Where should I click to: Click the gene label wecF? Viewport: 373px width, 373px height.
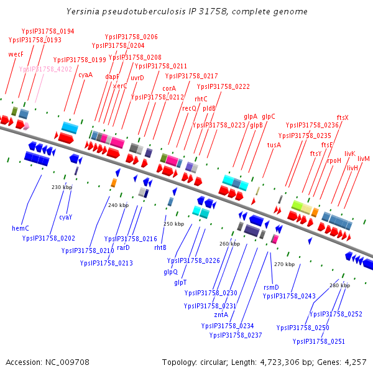[x=16, y=54]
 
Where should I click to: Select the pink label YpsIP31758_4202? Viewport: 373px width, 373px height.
[x=45, y=69]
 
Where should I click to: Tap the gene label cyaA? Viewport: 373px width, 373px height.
[x=85, y=75]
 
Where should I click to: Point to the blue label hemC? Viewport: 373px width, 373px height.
[x=21, y=228]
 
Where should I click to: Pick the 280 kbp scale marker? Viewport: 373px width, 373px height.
[x=339, y=285]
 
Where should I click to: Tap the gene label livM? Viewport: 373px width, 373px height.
[x=364, y=159]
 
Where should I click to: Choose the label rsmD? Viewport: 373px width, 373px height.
[x=272, y=287]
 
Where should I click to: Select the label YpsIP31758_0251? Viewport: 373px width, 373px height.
[x=319, y=341]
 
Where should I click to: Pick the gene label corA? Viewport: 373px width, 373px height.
[x=169, y=88]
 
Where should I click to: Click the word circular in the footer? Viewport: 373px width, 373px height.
[x=215, y=362]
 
